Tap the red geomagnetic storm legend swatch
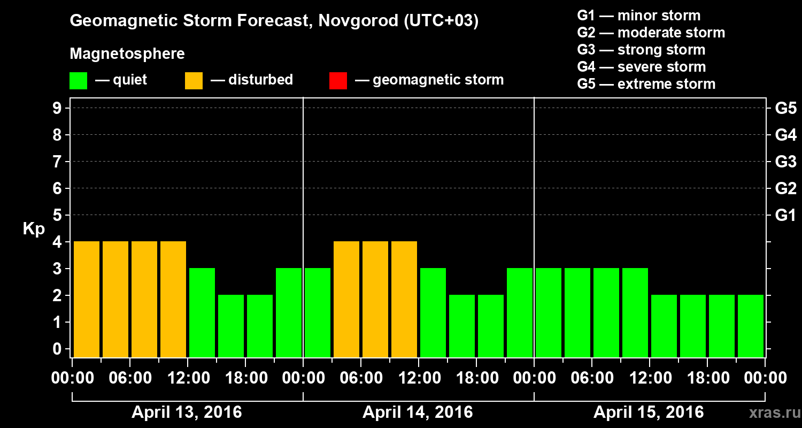338,80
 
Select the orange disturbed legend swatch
194,80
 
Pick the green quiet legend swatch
78,80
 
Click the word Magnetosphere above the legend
127,54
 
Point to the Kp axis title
34,229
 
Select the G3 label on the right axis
785,162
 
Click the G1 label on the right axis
785,215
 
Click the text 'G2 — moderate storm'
651,33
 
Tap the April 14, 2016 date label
418,412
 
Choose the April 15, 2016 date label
649,412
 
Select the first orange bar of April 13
87,299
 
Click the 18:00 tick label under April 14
476,378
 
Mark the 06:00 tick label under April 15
592,378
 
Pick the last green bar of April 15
751,326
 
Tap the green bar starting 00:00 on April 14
318,312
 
